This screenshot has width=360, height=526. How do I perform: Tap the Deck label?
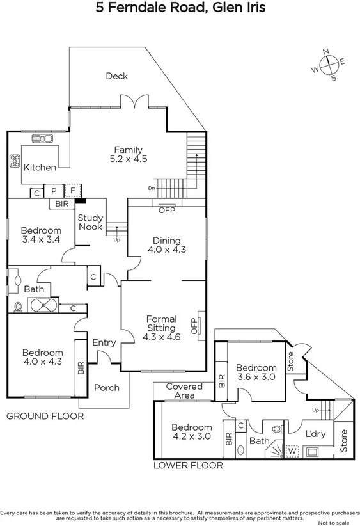(116, 76)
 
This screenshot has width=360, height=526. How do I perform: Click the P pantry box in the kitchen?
(54, 191)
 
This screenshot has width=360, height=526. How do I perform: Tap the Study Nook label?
(90, 222)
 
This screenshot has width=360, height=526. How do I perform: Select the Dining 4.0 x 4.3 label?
(166, 245)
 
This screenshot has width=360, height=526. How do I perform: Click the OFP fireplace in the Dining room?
(166, 209)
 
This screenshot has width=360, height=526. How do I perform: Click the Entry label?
(104, 343)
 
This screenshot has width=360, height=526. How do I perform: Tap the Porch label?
(106, 388)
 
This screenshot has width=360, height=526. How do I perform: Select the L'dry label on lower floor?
(315, 433)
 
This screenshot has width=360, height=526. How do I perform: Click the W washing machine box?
(293, 451)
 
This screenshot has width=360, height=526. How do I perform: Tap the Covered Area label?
(184, 391)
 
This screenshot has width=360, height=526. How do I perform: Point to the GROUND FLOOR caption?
(45, 416)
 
